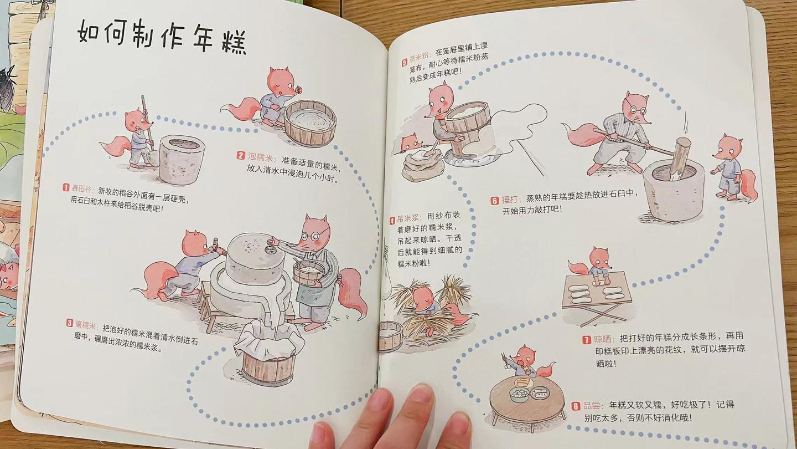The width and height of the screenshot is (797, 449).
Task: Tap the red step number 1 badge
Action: click(x=65, y=187)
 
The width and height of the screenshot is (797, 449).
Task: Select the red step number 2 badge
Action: click(x=241, y=156)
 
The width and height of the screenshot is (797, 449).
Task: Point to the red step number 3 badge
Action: click(x=70, y=323)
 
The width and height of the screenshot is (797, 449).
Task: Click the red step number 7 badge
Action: click(x=587, y=340)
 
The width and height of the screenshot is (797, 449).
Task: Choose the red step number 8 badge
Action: click(x=576, y=406)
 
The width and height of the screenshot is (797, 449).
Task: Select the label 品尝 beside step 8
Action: click(x=592, y=406)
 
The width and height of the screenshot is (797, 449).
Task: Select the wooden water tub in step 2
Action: click(x=310, y=122)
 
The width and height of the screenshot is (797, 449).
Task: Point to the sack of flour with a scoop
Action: click(x=423, y=165)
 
